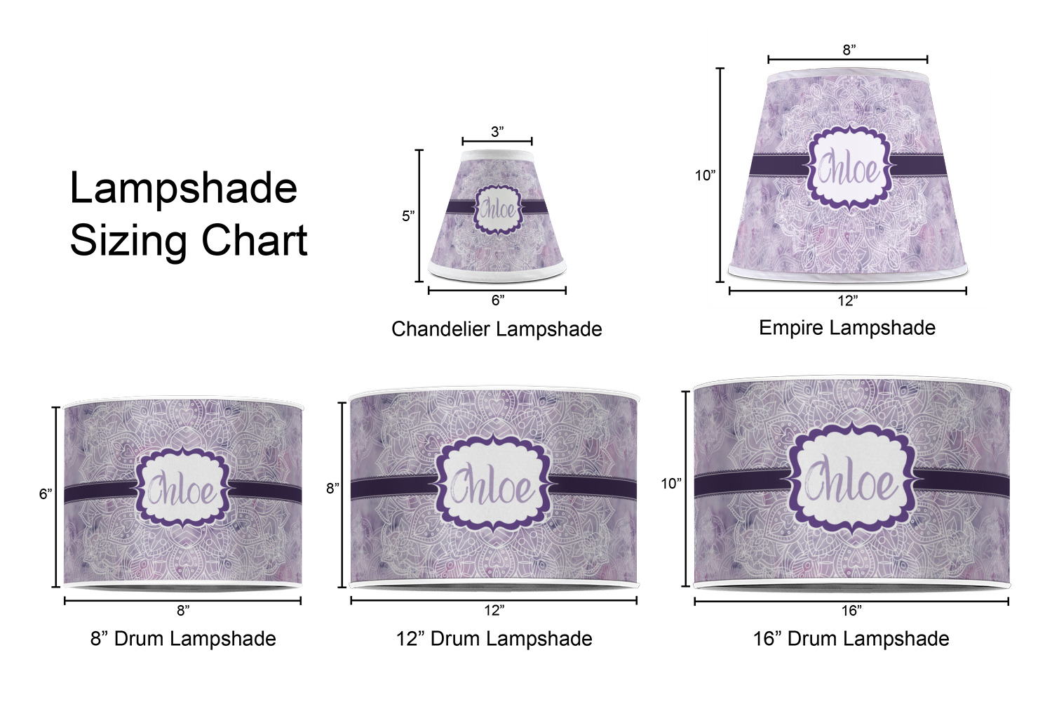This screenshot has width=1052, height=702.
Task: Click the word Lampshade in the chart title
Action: coord(184,189)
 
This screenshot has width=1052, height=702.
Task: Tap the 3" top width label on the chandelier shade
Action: coord(497,132)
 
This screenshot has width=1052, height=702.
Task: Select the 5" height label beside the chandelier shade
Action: coord(408,216)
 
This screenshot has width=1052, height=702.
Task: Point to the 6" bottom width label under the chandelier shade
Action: coord(498,300)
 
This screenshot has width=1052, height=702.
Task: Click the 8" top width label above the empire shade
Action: coord(849,50)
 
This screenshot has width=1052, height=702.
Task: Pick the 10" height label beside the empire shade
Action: coord(705,175)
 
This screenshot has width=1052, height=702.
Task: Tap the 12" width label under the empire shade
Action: coord(848,300)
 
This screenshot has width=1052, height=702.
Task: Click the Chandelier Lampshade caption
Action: coord(497,329)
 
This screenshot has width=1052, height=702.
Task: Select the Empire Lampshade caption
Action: coord(847,328)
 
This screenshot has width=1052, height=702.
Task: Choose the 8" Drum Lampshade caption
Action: coord(183,639)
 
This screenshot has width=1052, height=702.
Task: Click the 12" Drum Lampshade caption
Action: coord(494,639)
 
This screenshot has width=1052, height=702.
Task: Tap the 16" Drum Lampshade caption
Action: coord(851,639)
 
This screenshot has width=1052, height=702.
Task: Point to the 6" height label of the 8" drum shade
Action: coord(46,494)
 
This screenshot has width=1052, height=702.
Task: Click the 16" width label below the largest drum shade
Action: coord(851,610)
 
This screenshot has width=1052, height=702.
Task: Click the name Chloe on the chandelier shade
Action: coord(498,210)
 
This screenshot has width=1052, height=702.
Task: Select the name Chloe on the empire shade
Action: coord(849,168)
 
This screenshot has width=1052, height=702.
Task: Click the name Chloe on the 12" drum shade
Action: coord(492,486)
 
